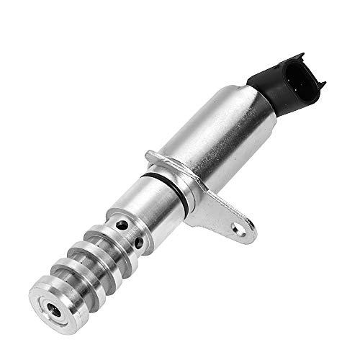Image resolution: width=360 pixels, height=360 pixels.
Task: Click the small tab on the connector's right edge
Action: (321, 84)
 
